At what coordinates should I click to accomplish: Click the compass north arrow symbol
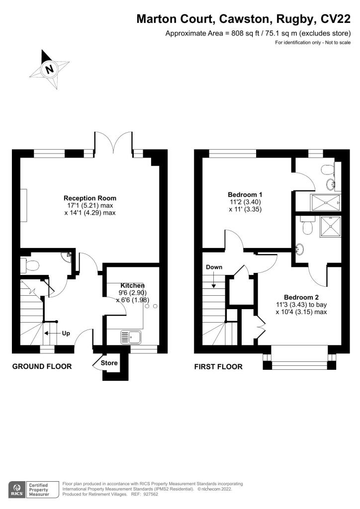(x=49, y=69)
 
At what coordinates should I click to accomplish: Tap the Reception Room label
(x=90, y=198)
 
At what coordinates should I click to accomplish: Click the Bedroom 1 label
(x=245, y=194)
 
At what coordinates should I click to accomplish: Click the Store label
(x=109, y=363)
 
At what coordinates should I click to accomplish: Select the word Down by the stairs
(x=214, y=267)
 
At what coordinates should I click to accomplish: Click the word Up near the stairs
(x=66, y=334)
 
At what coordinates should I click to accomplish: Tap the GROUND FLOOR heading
(x=42, y=367)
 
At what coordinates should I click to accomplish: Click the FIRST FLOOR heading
(x=218, y=367)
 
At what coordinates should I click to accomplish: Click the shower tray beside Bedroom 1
(x=326, y=202)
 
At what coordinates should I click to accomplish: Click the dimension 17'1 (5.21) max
(x=90, y=206)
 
